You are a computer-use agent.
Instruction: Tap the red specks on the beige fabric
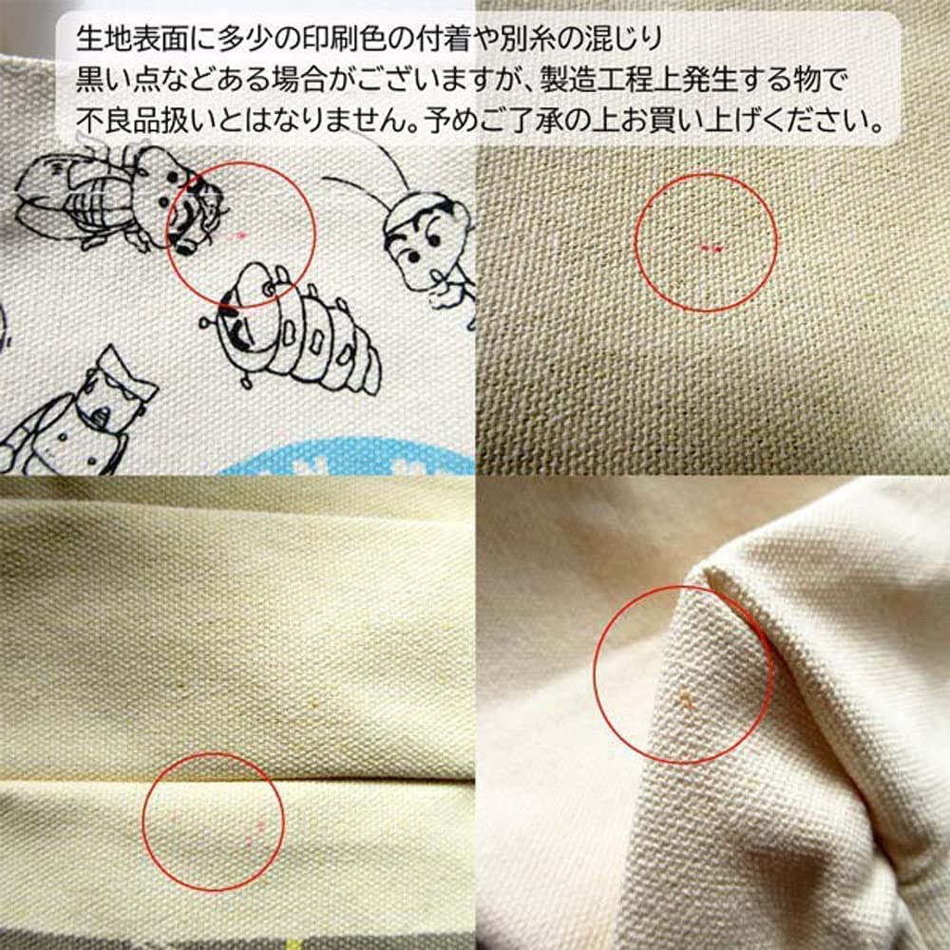711,248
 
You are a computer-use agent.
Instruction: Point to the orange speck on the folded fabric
683,701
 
